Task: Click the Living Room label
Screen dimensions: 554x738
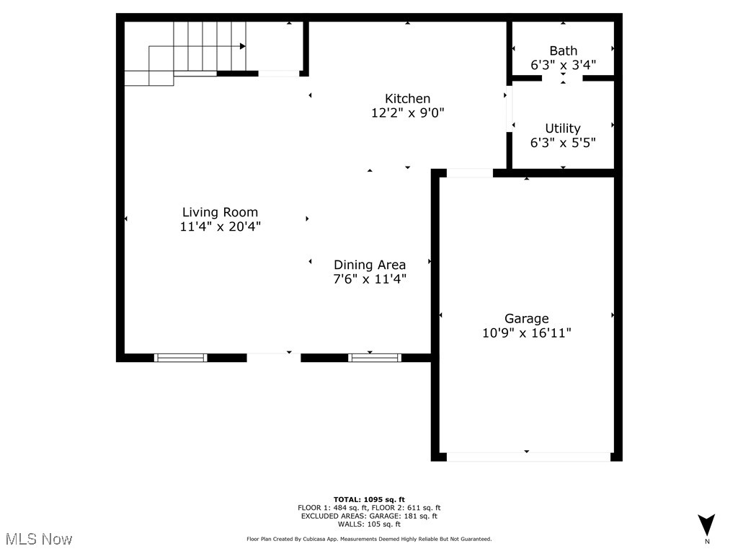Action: (x=220, y=212)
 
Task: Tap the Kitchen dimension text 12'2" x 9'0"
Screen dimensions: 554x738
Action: (x=408, y=113)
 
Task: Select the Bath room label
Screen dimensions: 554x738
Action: (x=563, y=50)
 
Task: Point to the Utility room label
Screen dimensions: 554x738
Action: (x=563, y=128)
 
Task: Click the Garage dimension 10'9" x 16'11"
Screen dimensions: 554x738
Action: (x=527, y=333)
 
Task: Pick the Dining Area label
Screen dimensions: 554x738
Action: (x=369, y=265)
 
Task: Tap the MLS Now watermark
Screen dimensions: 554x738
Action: (x=38, y=539)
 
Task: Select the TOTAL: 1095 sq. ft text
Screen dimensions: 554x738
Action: (x=369, y=499)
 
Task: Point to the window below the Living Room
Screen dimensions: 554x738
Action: (x=181, y=357)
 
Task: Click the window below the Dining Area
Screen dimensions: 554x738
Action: (x=375, y=357)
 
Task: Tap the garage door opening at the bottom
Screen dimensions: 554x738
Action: (x=528, y=457)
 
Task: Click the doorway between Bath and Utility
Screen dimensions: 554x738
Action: (x=563, y=77)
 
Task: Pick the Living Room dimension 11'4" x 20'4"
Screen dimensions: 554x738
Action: (x=220, y=227)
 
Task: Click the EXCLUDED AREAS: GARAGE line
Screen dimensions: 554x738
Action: (x=369, y=516)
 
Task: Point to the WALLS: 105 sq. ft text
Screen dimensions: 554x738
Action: (x=369, y=524)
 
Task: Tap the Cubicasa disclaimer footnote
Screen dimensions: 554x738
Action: (x=369, y=539)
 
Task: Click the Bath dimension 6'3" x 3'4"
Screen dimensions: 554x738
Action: (x=563, y=65)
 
